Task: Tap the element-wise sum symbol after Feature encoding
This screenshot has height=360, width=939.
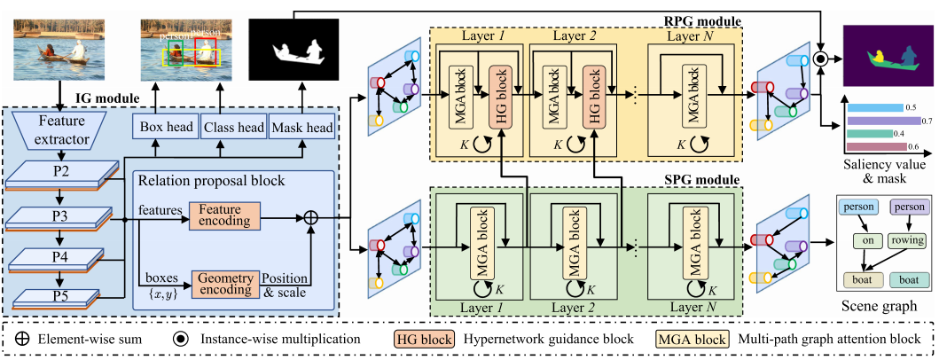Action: point(311,215)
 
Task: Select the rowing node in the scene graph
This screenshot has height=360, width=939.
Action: point(907,240)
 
